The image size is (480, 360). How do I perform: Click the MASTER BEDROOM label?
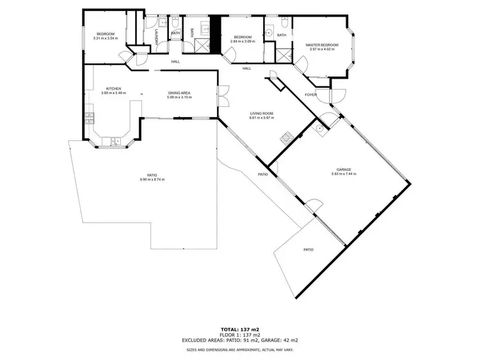322,45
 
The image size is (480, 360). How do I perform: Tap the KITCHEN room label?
114,89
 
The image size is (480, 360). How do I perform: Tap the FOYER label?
310,95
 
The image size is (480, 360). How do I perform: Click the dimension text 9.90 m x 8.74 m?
152,180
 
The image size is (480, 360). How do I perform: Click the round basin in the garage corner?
319,127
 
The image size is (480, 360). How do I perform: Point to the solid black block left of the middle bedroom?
216,35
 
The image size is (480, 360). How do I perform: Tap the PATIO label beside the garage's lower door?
308,249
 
